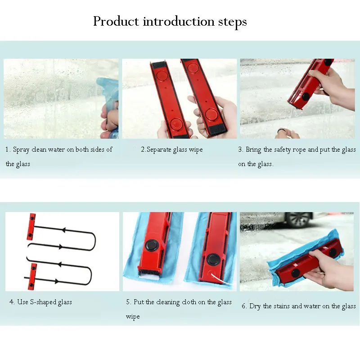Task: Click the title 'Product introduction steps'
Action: pyautogui.click(x=170, y=22)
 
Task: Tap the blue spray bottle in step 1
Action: pyautogui.click(x=108, y=108)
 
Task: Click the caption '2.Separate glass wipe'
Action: pyautogui.click(x=172, y=149)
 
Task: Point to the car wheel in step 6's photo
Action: pyautogui.click(x=298, y=220)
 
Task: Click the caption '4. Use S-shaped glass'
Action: pyautogui.click(x=40, y=302)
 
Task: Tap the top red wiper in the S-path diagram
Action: pyautogui.click(x=31, y=227)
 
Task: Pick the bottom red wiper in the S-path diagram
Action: pyautogui.click(x=32, y=276)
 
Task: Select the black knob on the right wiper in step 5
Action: pyautogui.click(x=212, y=259)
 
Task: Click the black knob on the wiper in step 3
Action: pyautogui.click(x=306, y=96)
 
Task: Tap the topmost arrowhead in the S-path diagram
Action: pyautogui.click(x=63, y=230)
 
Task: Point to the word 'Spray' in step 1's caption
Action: pyautogui.click(x=21, y=150)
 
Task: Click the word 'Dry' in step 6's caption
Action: pyautogui.click(x=255, y=306)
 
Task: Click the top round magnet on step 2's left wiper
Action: pyautogui.click(x=162, y=76)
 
